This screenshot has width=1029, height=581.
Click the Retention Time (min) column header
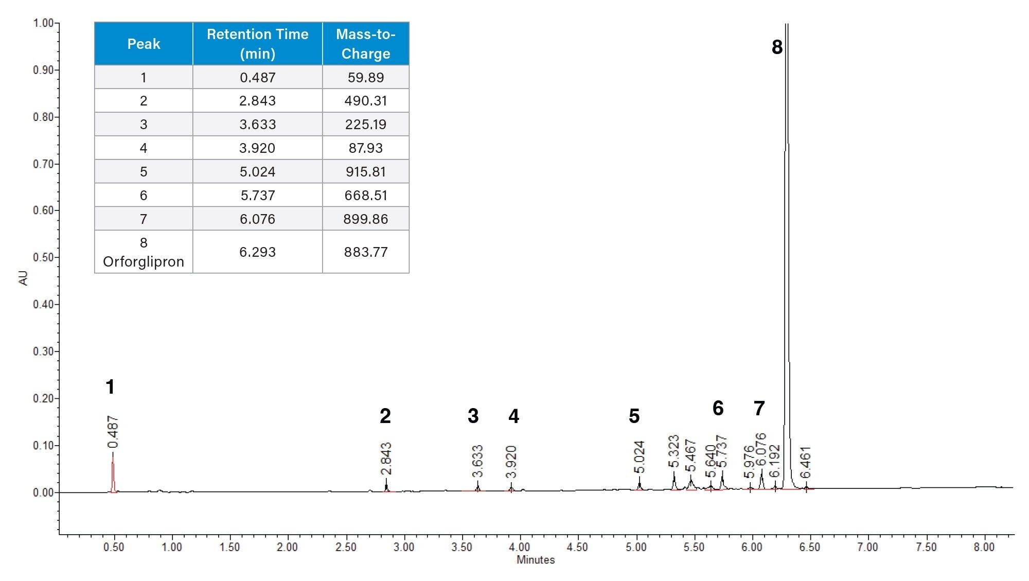257,44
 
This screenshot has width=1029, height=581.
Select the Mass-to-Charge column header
365,44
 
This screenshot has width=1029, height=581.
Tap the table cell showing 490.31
365,101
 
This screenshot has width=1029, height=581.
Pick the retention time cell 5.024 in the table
257,171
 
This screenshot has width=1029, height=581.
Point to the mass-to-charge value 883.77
365,252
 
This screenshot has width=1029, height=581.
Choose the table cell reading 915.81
365,171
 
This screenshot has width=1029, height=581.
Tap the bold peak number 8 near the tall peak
777,47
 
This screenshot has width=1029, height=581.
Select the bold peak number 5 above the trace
634,416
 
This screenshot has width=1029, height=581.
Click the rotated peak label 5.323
674,451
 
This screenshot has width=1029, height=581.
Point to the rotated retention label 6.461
806,462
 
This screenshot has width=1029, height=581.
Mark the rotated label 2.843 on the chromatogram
386,459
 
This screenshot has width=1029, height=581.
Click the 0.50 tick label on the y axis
43,257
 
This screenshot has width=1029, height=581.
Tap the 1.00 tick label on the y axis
43,23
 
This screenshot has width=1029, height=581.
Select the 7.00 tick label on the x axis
867,547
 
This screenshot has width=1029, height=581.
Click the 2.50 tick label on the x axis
346,547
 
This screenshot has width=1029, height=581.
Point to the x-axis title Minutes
536,560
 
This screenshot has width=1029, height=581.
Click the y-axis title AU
23,278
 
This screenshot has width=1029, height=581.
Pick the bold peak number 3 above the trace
473,416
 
